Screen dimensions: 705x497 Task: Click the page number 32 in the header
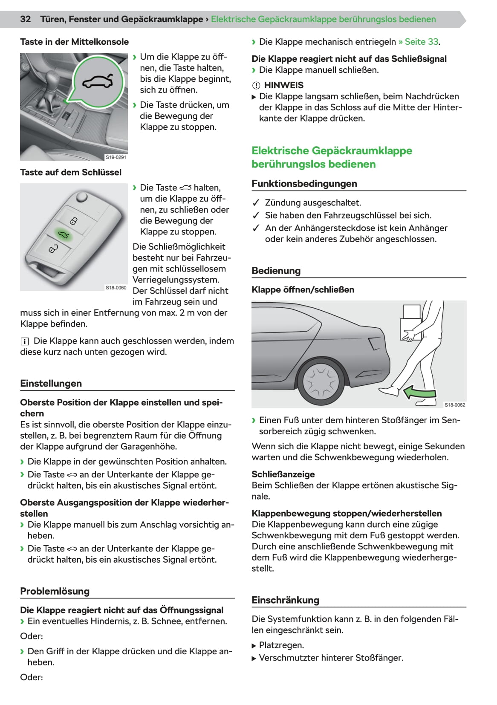point(26,19)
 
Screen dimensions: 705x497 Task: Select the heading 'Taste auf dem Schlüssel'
point(71,172)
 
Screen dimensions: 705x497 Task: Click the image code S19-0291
point(116,157)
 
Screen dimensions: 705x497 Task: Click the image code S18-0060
point(116,288)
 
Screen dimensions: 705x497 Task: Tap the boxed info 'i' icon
point(24,341)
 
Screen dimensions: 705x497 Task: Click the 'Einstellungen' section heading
point(51,383)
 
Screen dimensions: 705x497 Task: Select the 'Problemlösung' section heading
point(55,591)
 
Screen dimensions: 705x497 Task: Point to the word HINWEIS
point(283,85)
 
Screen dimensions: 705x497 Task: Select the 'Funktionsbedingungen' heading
point(304,184)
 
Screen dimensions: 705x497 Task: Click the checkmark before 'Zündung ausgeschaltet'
point(256,203)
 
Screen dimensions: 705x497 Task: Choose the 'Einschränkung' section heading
point(285,600)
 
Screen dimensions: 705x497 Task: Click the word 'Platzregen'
point(281,645)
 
